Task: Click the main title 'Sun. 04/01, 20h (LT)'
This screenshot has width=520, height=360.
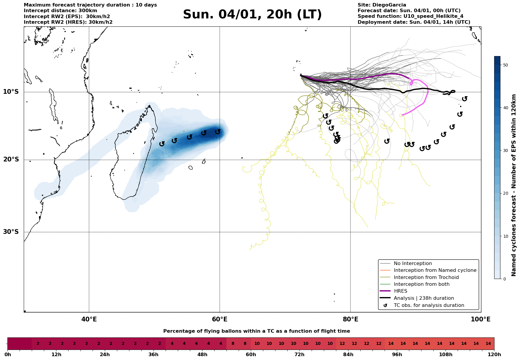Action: point(252,15)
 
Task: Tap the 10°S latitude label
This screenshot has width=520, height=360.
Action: point(11,92)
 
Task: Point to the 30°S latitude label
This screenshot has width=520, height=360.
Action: point(11,232)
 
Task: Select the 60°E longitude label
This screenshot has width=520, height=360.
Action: point(220,319)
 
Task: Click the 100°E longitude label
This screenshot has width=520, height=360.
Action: point(481,319)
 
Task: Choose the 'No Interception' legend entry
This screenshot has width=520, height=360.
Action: point(413,264)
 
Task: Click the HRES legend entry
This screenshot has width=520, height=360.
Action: point(400,291)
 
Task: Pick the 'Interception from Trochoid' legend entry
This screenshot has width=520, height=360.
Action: point(426,277)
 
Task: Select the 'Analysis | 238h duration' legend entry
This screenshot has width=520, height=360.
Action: point(424,298)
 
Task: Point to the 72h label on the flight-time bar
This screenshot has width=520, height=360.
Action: point(299,355)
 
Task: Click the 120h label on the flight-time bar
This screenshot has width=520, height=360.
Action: point(494,355)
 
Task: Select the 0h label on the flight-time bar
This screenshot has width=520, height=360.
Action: point(8,355)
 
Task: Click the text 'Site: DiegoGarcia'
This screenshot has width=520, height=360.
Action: point(382,5)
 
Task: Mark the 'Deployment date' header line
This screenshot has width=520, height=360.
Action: point(414,22)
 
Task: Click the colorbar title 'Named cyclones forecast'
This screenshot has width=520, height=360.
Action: point(514,185)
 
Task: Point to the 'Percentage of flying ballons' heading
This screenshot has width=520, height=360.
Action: point(256,331)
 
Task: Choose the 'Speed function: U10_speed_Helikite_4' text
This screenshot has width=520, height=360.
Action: point(410,16)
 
